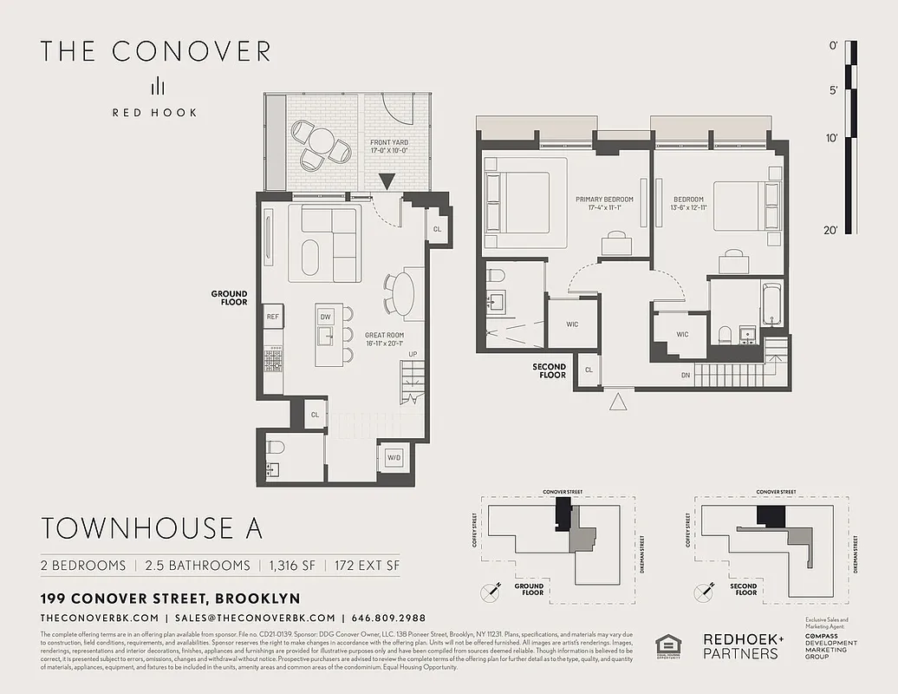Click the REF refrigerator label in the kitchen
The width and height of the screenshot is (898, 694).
[273, 317]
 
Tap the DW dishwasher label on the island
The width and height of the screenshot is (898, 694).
[326, 317]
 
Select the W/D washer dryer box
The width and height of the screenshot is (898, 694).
[394, 457]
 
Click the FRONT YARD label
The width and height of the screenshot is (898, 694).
[388, 147]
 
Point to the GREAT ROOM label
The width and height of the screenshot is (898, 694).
[384, 339]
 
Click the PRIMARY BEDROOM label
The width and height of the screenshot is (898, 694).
[604, 204]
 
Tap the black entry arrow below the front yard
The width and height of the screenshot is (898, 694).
[387, 180]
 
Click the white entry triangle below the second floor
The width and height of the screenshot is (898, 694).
[618, 401]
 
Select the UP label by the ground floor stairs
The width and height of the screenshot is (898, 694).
[413, 354]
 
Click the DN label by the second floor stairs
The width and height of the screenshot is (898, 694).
[685, 375]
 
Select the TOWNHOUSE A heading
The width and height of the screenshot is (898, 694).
[151, 527]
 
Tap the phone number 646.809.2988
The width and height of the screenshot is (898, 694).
[388, 618]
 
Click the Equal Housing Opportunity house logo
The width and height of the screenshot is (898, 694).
[668, 646]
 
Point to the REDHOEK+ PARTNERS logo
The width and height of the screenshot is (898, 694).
[743, 646]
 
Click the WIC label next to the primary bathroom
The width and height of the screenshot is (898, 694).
[572, 324]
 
